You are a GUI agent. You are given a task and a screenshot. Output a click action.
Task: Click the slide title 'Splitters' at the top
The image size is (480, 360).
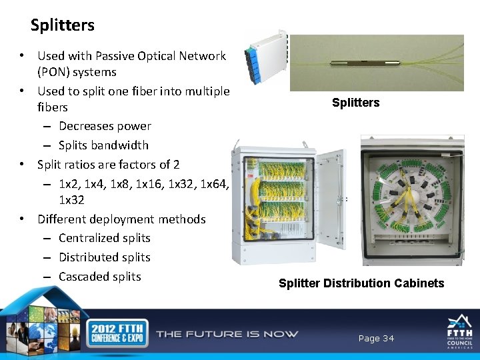point(63,26)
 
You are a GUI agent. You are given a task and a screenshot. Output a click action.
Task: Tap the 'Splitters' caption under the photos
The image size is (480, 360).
point(355,103)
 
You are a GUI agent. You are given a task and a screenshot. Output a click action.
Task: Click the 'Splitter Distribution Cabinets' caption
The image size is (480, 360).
point(361,283)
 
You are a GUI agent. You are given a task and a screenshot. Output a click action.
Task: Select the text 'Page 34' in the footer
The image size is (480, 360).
point(376,339)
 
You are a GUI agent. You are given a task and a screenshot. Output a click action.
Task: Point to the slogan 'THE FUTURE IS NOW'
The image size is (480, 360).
point(227,334)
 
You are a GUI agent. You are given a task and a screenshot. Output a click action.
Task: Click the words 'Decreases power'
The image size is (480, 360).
point(105,126)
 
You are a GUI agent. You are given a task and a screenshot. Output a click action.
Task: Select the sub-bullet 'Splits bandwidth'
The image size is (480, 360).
point(103,145)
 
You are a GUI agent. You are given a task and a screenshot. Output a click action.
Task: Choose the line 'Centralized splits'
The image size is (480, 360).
point(105,238)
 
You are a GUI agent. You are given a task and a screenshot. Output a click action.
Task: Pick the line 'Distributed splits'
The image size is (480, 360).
point(105,257)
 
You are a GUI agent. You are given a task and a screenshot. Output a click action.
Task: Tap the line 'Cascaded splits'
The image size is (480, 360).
point(100,276)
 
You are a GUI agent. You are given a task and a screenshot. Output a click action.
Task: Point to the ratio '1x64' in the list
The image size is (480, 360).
point(213,183)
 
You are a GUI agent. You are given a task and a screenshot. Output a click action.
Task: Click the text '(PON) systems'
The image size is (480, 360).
point(77,72)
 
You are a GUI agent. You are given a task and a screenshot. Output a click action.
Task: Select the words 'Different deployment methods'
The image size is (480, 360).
point(121,219)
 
